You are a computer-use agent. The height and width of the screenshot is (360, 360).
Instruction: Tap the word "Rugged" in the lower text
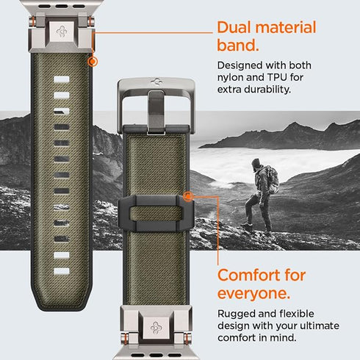[x=237, y=314]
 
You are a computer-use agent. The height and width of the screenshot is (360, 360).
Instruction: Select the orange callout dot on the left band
[x=93, y=62]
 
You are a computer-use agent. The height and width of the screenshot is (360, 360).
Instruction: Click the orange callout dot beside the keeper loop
[x=190, y=197]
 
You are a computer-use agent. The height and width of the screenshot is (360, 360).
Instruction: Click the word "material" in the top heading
[x=289, y=29]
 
